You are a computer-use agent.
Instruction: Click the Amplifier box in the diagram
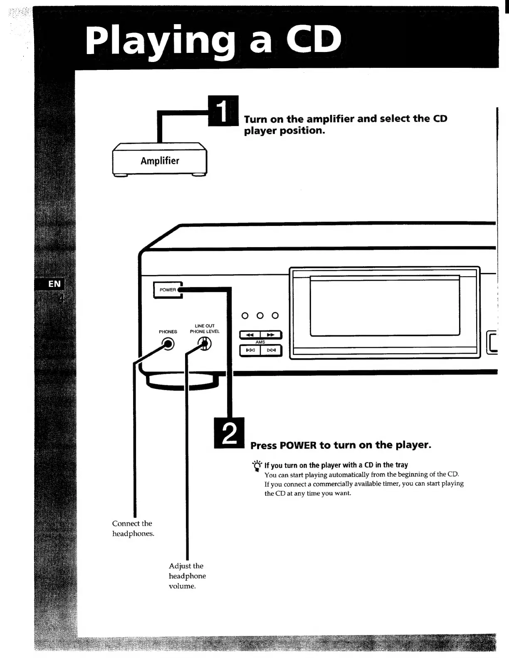pos(160,161)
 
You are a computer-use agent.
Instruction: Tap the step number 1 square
pos(223,110)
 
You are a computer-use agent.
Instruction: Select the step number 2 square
pos(229,433)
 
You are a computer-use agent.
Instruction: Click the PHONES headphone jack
pos(168,344)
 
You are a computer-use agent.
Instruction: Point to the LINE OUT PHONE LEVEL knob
pos(205,344)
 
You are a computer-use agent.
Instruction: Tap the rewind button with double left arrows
pos(250,335)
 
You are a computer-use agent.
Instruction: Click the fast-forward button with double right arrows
pos(271,335)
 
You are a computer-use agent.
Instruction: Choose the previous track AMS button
pos(250,350)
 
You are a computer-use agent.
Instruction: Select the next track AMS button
pos(271,350)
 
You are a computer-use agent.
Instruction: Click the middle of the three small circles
pos(260,315)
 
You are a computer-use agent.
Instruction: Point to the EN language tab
pos(54,284)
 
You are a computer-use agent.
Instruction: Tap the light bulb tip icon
pos(257,465)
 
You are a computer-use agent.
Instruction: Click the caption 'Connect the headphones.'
pos(133,528)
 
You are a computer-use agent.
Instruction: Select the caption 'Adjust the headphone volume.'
pos(187,576)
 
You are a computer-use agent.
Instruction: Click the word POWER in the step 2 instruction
pos(298,445)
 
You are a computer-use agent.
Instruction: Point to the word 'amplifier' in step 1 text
pos(330,119)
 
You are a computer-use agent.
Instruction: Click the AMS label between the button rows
pos(260,342)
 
